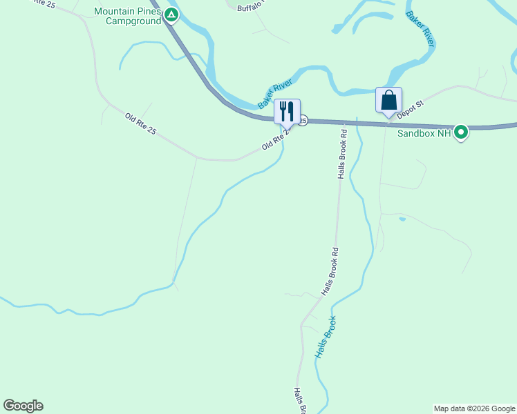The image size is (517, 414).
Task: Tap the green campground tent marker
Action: tap(171, 14)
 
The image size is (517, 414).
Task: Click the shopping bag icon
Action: tap(388, 99)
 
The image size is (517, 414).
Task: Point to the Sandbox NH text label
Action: tap(424, 132)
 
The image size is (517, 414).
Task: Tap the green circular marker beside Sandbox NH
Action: tap(461, 132)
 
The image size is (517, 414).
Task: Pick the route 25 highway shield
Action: tap(303, 120)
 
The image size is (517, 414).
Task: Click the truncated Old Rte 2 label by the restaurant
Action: tap(274, 142)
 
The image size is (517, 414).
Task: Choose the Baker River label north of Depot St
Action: tap(420, 28)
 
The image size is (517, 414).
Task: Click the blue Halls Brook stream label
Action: tap(326, 337)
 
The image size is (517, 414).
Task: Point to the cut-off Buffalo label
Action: tap(250, 8)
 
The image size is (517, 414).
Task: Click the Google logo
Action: tap(23, 406)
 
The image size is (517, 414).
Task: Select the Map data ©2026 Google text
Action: tap(474, 408)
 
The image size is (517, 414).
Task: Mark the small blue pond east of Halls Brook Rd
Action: tap(402, 219)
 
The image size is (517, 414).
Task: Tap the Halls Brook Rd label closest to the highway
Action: tap(342, 152)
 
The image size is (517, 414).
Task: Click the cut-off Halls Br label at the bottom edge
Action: tap(300, 401)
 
